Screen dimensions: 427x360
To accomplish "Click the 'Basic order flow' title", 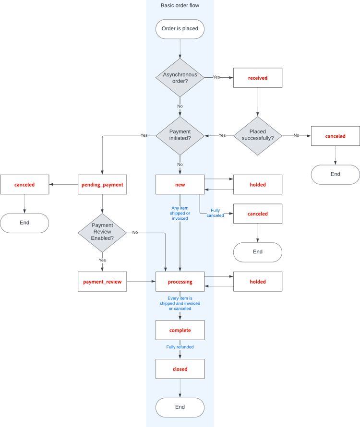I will [180, 6].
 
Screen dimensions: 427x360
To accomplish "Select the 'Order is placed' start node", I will [180, 29].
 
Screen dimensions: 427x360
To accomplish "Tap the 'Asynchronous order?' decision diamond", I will [180, 78].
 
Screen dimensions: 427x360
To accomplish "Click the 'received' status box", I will [258, 78].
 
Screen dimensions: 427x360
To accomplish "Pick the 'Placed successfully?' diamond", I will [258, 136].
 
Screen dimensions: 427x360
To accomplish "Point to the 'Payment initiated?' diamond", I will [180, 136].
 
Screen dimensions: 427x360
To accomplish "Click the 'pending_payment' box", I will [102, 185].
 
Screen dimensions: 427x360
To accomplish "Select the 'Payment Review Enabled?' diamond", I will [102, 233].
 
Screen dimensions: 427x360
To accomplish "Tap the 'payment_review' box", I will [102, 282].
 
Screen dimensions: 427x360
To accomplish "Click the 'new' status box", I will [180, 185].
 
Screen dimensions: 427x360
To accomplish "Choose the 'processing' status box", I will [180, 282].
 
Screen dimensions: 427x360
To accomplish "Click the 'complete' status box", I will [180, 330].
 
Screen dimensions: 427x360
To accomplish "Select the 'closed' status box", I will [180, 369].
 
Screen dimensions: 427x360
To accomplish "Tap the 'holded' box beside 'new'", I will [258, 185].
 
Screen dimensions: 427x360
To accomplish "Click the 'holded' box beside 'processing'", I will [258, 282].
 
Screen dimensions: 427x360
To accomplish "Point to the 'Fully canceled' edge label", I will [215, 213].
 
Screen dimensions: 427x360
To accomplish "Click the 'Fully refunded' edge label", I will [180, 347].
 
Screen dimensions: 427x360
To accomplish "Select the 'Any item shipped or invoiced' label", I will [180, 213].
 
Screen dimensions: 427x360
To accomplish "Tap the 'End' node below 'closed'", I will [180, 407].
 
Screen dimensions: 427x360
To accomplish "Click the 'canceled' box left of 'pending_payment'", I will [24, 185].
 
